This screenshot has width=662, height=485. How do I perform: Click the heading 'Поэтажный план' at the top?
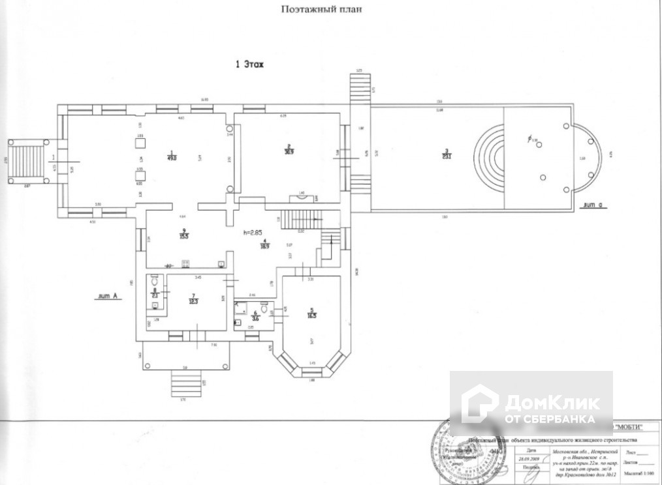(x=321, y=10)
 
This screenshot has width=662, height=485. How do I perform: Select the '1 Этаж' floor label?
(x=248, y=65)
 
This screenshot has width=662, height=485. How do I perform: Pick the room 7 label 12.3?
(x=193, y=299)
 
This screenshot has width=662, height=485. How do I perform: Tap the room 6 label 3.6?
(x=256, y=317)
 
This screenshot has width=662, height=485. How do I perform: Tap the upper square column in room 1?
(x=140, y=144)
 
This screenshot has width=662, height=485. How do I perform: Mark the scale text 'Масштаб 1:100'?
(x=637, y=474)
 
